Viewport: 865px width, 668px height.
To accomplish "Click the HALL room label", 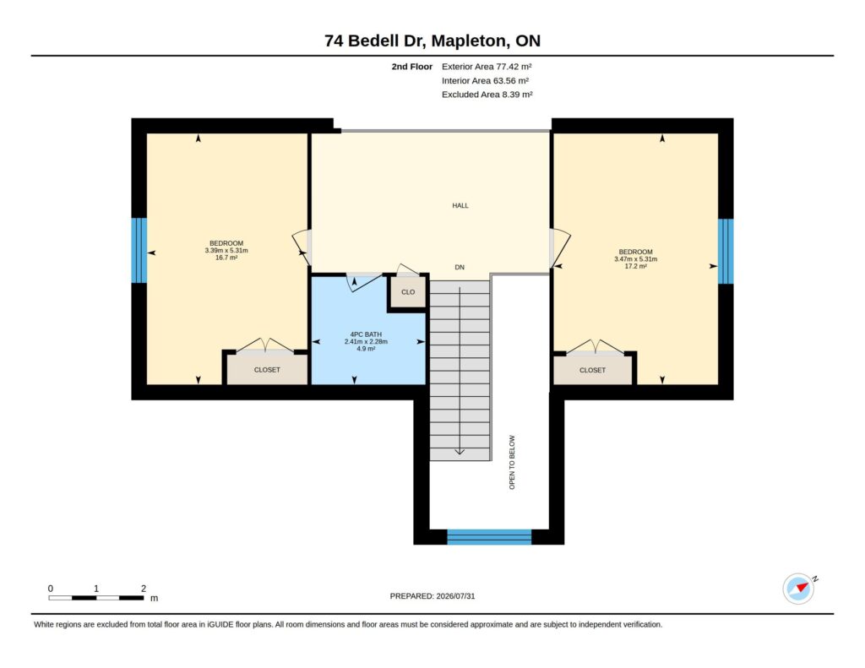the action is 460,206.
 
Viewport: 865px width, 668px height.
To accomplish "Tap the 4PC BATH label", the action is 366,334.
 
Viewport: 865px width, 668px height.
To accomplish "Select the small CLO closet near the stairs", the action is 408,292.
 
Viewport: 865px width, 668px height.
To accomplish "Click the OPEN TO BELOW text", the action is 512,462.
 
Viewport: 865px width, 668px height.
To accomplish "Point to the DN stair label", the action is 460,268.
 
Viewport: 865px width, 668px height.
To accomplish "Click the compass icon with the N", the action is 799,589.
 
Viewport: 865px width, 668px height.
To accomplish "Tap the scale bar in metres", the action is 96,598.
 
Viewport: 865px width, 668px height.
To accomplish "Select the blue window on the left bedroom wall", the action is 139,251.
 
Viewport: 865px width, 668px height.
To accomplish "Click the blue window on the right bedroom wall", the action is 726,252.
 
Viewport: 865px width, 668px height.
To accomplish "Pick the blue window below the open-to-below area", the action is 489,537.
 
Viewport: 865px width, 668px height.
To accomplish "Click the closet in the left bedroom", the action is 267,370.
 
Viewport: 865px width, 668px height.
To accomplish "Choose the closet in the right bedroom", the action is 592,370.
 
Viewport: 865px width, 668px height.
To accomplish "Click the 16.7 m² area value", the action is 226,258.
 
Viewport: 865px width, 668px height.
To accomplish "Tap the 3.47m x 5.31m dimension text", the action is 635,259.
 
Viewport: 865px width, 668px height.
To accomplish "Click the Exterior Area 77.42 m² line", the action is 487,67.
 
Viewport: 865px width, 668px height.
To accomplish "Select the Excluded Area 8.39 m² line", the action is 487,95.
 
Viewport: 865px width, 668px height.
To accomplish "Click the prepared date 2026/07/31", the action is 455,596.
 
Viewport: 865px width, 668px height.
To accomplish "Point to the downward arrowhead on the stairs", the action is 460,452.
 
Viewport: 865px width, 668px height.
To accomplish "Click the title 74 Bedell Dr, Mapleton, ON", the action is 432,41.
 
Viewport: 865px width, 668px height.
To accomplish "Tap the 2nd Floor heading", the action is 412,67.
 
